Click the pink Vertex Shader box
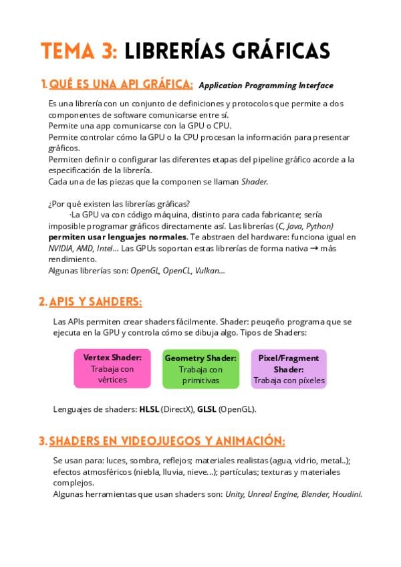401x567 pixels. [112, 368]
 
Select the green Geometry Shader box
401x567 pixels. [200, 368]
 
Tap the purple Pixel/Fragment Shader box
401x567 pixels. [289, 368]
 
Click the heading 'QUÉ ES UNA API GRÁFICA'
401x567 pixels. [121, 84]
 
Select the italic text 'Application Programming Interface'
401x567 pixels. [266, 86]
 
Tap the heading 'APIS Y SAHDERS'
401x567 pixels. [96, 302]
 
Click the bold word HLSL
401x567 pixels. [149, 409]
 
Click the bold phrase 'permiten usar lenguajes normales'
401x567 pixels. [118, 237]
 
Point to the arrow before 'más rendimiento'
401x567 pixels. [314, 248]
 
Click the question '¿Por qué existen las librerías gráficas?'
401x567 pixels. [119, 204]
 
